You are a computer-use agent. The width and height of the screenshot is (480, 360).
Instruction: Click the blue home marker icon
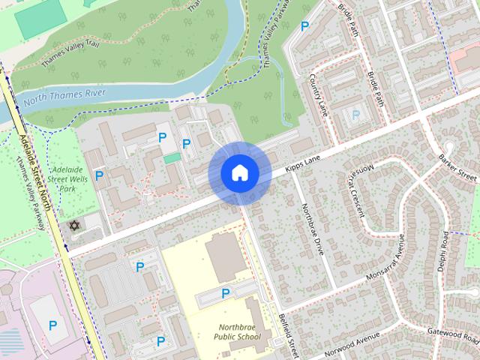click(x=239, y=173)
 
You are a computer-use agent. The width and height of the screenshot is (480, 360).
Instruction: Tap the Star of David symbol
click(x=73, y=226)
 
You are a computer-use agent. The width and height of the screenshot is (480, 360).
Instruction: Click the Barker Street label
click(x=458, y=166)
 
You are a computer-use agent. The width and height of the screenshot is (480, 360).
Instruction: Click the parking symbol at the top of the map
click(x=304, y=25)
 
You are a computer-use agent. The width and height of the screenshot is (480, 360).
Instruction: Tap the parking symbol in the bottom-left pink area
click(x=52, y=325)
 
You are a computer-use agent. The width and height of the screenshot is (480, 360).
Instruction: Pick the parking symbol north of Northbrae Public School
click(x=225, y=292)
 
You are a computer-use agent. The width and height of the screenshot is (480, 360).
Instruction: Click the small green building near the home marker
click(x=172, y=158)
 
